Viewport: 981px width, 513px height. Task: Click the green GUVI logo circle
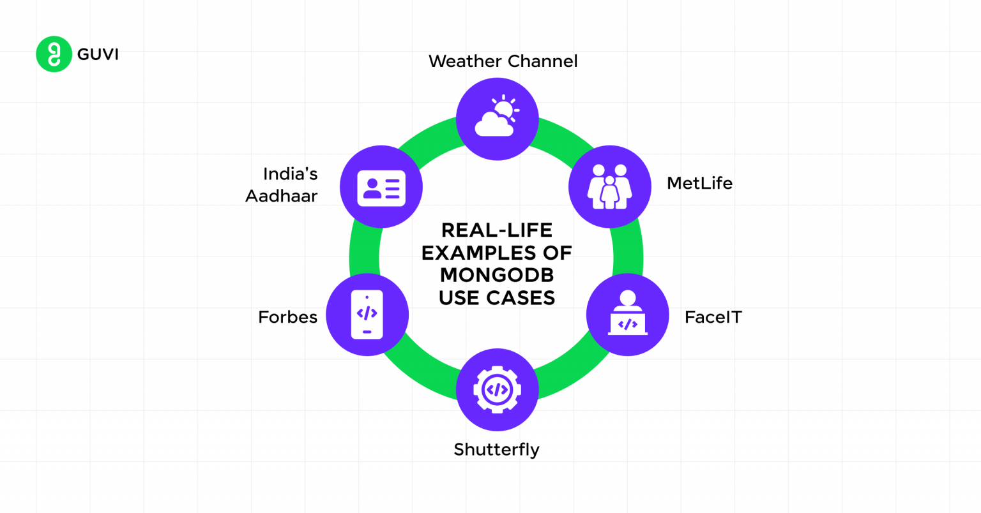54,54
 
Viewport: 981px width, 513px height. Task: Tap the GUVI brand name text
98,54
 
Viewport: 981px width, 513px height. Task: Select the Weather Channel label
503,61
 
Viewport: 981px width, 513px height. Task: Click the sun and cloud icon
497,119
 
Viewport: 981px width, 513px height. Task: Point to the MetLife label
699,183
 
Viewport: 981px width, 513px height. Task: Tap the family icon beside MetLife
609,186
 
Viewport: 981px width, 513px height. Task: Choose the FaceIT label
713,317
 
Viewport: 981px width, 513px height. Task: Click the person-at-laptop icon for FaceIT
627,315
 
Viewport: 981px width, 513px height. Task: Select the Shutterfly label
496,450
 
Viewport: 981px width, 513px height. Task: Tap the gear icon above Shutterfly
497,389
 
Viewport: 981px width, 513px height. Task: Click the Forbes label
287,317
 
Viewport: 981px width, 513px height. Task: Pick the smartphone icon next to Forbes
367,315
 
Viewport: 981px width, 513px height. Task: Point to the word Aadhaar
282,196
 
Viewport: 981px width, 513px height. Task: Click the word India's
290,174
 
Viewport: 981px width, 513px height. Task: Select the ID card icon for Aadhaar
381,187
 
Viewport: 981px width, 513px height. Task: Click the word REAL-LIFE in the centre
496,230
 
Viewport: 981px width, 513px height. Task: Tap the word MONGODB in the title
496,275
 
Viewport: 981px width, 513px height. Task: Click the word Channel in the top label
543,61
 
